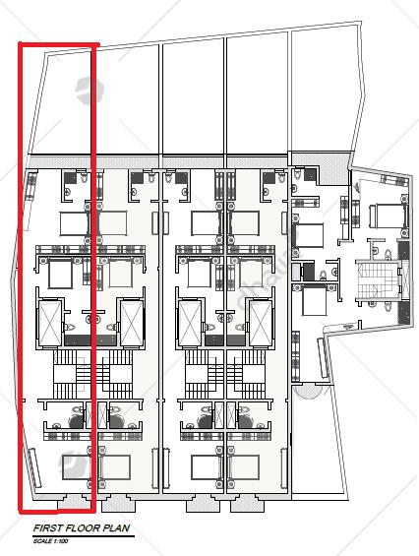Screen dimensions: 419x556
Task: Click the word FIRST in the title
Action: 46,528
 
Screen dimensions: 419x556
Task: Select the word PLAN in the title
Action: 116,528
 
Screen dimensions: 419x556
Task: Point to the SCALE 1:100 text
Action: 51,541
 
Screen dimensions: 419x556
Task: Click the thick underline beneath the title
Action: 84,535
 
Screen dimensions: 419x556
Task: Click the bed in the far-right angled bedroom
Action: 388,216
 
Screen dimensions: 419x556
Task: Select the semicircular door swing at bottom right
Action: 309,392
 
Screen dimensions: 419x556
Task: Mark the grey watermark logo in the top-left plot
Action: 90,91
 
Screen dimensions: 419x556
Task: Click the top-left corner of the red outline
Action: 20,44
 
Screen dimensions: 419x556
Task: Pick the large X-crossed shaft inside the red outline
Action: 50,323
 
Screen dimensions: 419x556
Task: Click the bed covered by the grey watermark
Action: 76,467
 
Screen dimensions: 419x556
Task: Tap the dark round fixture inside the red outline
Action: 76,421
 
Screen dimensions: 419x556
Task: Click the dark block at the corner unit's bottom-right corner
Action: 403,313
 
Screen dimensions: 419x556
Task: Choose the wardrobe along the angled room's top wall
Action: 393,181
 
